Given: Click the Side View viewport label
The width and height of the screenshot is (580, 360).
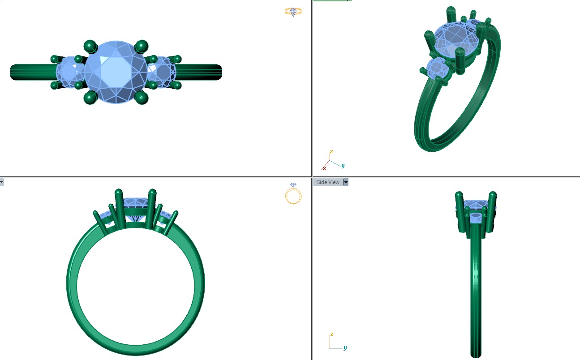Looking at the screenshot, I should click(x=328, y=182).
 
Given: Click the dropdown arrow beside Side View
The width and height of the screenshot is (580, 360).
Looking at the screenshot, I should click(x=346, y=182).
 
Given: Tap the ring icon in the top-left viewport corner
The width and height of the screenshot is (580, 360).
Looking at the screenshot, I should click(x=293, y=12).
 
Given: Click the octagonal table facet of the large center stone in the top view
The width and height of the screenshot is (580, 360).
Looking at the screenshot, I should click(x=116, y=72).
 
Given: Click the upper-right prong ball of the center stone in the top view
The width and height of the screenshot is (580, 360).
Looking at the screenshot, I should click(x=142, y=45).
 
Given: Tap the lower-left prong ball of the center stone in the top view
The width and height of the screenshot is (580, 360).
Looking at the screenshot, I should click(x=91, y=97).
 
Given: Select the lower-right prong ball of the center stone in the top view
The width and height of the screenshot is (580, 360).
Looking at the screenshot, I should click(x=142, y=97).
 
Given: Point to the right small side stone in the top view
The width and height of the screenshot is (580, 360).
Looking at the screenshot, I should click(x=161, y=72).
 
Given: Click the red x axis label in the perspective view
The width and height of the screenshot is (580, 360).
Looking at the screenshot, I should click(x=324, y=168).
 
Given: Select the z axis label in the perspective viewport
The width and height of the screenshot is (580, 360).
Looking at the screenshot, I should click(x=331, y=152).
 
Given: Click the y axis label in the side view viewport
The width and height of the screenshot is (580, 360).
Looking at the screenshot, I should click(x=345, y=348).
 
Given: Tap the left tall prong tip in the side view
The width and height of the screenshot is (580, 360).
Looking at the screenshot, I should click(x=459, y=196).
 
